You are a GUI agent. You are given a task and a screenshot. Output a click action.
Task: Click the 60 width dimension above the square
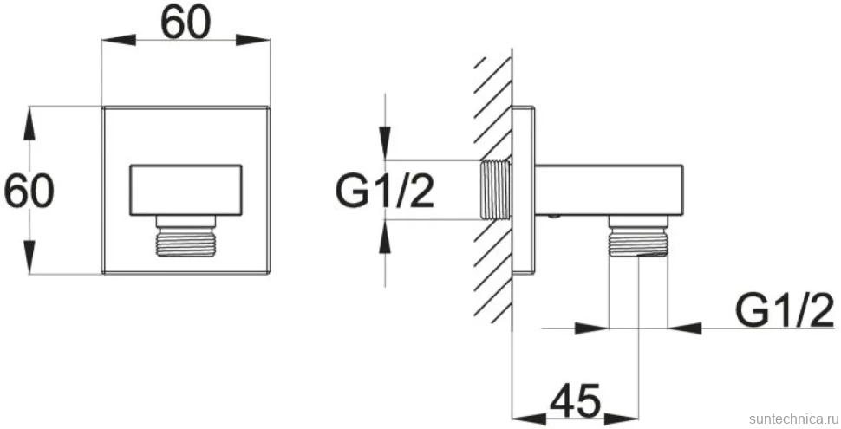click(186, 24)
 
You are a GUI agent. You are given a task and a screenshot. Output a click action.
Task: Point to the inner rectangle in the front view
click(186, 191)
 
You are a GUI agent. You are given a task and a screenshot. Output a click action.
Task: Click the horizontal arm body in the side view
click(609, 191)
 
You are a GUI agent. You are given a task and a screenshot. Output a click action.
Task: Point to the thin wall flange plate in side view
click(524, 191)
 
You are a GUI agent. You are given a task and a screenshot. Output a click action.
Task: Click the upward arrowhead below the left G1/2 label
click(385, 237)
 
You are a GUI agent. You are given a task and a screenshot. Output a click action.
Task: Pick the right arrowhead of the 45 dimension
click(622, 417)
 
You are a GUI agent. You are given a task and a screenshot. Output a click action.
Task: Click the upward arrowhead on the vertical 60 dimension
click(29, 124)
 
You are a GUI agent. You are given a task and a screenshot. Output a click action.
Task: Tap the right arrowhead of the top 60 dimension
click(252, 39)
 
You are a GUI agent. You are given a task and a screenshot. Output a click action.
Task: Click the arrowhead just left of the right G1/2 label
click(685, 327)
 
